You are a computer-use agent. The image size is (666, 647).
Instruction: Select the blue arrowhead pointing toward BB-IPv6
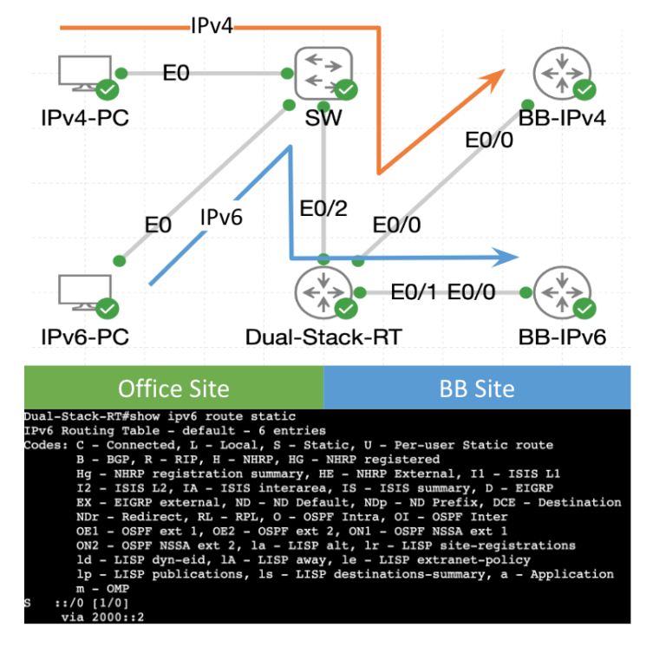(508, 258)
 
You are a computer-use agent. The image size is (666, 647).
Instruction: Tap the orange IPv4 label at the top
(212, 27)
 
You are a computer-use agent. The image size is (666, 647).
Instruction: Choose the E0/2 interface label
(322, 209)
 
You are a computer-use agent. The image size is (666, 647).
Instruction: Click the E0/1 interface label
(414, 292)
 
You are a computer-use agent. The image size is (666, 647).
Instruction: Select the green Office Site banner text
(173, 388)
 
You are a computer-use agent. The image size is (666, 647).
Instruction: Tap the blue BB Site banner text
(477, 388)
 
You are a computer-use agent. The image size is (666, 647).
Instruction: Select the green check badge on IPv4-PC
(108, 88)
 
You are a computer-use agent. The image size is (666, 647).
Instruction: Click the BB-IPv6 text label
(561, 336)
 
